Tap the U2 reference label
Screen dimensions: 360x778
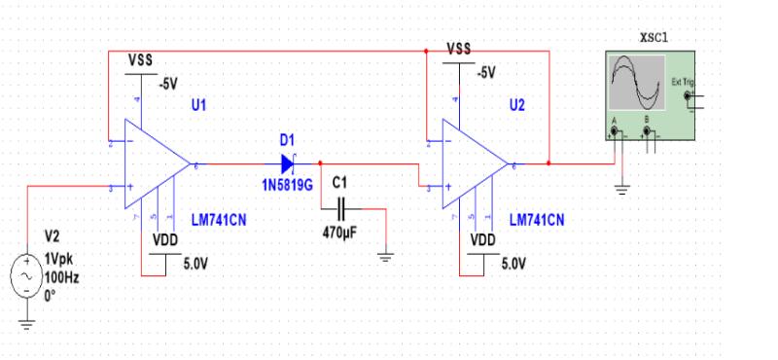pos(515,105)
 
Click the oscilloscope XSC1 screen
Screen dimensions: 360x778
pos(633,83)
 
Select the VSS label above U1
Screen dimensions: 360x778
pos(140,56)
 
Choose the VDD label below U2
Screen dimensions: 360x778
pos(483,239)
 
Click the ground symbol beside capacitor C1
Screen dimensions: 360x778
pos(386,257)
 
